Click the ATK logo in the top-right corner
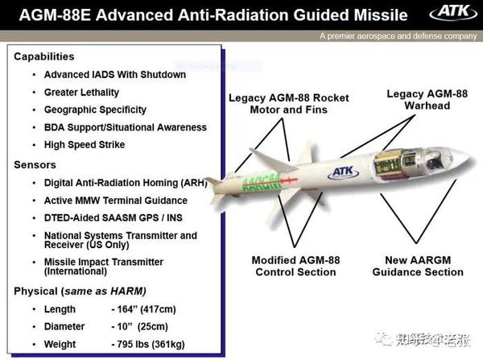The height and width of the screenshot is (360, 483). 447,14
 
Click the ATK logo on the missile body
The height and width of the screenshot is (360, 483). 341,172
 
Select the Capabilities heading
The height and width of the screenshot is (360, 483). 44,57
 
